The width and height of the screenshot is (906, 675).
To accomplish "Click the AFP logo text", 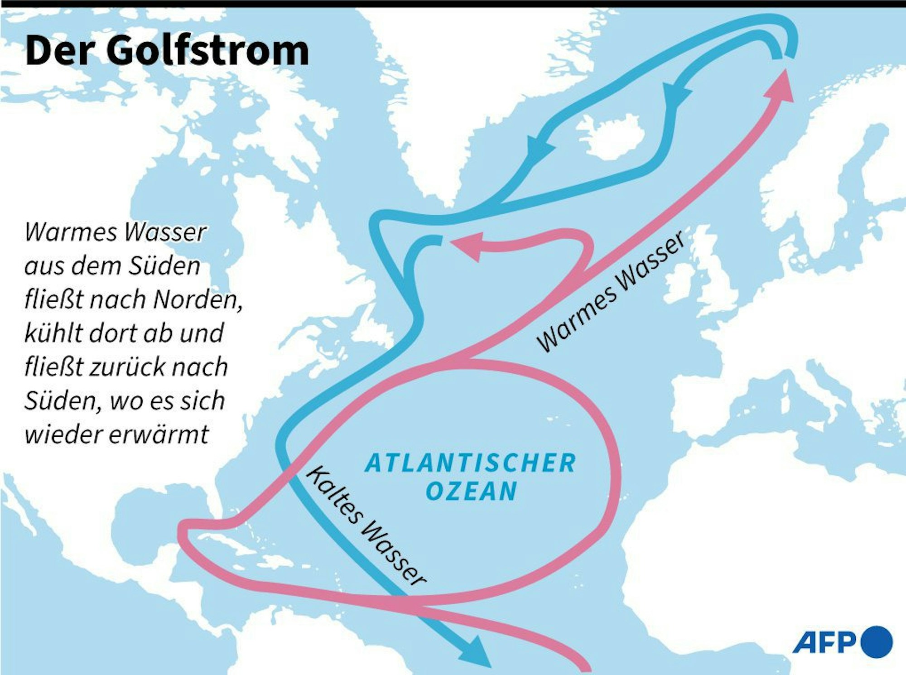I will click(x=824, y=642).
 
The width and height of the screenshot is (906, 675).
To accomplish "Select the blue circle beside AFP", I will click(x=876, y=642).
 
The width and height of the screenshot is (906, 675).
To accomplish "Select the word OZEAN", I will click(x=471, y=491).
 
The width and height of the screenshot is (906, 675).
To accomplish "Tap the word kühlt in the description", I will click(x=53, y=333).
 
